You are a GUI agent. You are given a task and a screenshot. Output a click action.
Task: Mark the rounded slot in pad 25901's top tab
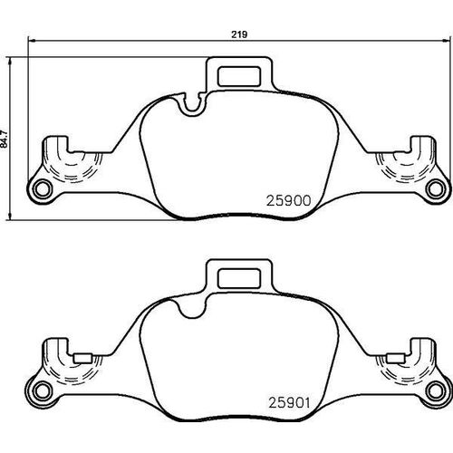click(x=241, y=279)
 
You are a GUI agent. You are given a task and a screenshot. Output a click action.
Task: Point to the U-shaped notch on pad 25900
click(x=192, y=108)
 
